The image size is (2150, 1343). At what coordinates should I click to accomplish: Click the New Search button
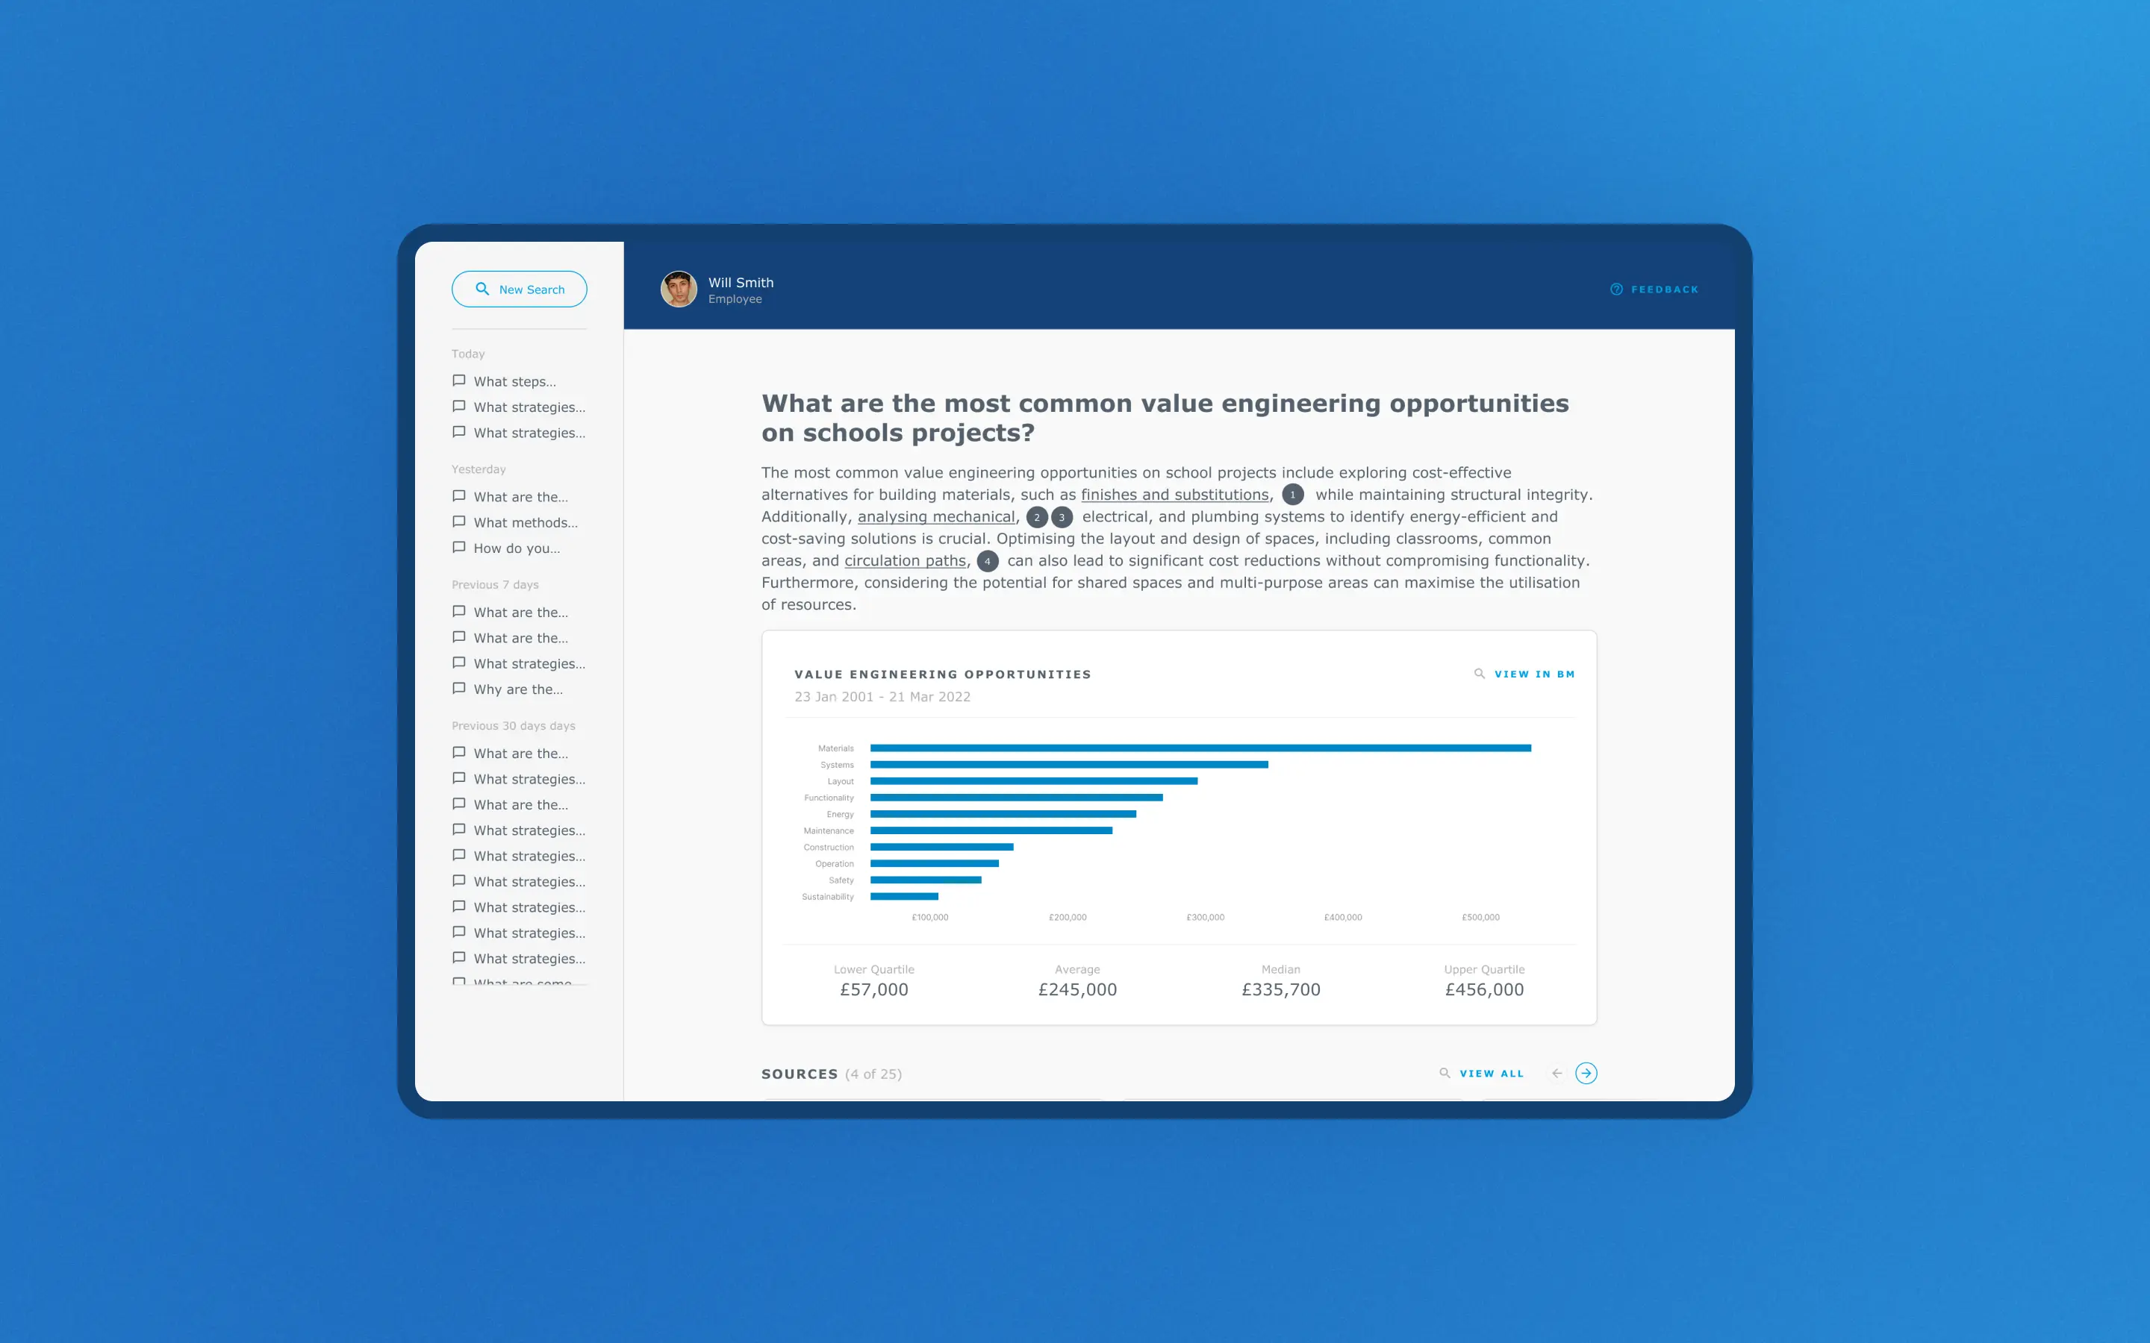(x=519, y=289)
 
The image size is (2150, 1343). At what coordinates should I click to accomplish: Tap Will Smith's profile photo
(x=679, y=289)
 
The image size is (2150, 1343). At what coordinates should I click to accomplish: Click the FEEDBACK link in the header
(x=1654, y=289)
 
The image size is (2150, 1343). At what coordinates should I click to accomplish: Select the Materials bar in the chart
(x=1200, y=748)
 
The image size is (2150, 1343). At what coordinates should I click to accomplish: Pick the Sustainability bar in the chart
(x=903, y=896)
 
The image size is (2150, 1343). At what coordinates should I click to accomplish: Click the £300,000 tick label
(x=1205, y=918)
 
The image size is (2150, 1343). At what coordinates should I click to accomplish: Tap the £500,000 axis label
(x=1480, y=918)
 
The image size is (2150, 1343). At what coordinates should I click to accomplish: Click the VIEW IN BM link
(x=1533, y=674)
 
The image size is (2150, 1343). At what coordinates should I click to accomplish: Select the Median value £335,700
(x=1280, y=989)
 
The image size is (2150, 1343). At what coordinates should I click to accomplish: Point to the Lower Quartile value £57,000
(x=873, y=989)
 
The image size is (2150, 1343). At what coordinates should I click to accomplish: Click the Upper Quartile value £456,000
(x=1483, y=989)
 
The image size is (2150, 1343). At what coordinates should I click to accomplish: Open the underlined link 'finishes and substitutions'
(x=1174, y=495)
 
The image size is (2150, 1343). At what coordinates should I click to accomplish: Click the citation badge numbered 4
(x=987, y=561)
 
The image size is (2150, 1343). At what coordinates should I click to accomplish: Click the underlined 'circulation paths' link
(x=905, y=561)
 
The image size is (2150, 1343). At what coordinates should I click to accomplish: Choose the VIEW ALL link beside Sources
(x=1491, y=1074)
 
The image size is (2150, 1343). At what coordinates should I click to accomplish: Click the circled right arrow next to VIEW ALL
(x=1586, y=1074)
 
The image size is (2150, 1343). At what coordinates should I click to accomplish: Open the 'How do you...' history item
(x=516, y=548)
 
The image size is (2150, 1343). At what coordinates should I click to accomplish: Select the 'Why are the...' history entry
(x=517, y=689)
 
